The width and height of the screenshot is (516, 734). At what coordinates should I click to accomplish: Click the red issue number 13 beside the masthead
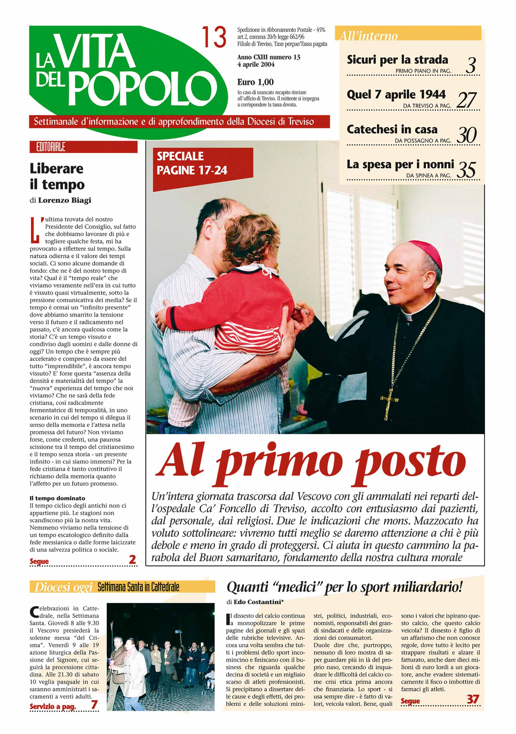pos(214,37)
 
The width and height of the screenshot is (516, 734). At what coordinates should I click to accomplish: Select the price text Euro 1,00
pos(255,82)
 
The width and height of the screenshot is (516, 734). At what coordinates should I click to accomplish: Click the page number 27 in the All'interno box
pos(467,100)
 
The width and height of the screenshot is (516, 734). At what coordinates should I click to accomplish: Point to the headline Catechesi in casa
pos(392,130)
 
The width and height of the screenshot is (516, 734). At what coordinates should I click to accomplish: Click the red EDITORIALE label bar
pos(83,147)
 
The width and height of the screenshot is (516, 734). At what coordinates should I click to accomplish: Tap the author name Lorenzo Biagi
pos(65,200)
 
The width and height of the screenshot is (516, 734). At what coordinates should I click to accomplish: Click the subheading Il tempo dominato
pos(57,498)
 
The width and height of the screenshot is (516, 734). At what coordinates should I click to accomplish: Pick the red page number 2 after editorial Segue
pos(132,559)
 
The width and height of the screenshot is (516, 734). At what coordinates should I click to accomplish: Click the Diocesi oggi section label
pos(63,587)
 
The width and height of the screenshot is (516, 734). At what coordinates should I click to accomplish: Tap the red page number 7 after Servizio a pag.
pos(94,704)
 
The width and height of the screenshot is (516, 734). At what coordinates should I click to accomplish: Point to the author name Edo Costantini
pos(259,602)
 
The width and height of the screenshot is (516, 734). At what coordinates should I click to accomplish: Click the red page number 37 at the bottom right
pos(473,699)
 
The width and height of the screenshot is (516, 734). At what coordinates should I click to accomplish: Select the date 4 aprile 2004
pos(256,64)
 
